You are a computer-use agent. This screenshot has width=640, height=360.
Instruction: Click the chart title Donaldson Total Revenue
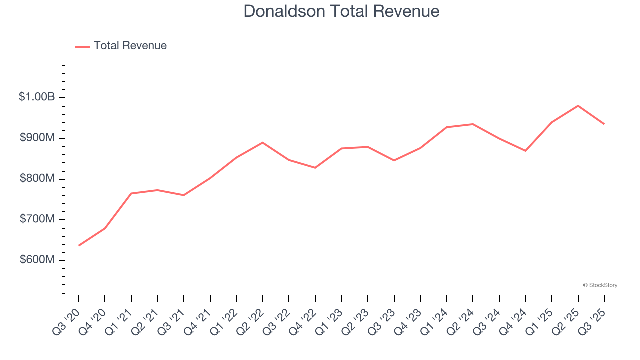(x=341, y=11)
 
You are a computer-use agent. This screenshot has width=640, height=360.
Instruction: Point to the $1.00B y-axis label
(x=37, y=97)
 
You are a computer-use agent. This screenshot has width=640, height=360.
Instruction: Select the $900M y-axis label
(x=37, y=138)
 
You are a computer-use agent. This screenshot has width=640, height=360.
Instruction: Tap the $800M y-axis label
(x=37, y=179)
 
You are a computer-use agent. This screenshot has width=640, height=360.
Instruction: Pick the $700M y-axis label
(x=37, y=220)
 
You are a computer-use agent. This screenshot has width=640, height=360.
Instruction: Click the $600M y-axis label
(x=37, y=260)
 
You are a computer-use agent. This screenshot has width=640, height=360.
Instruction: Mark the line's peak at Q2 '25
(x=578, y=106)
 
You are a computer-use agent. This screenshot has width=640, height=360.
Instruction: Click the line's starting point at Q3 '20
(x=79, y=245)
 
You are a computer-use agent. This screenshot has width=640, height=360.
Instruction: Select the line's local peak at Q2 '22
(x=263, y=143)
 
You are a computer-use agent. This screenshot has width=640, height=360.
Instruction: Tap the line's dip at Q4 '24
(x=525, y=151)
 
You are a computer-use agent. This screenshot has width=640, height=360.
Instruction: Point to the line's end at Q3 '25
(x=604, y=124)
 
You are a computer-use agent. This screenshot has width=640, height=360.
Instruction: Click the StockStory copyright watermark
(x=600, y=285)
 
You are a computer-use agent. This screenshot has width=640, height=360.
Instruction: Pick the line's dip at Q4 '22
(x=315, y=168)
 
